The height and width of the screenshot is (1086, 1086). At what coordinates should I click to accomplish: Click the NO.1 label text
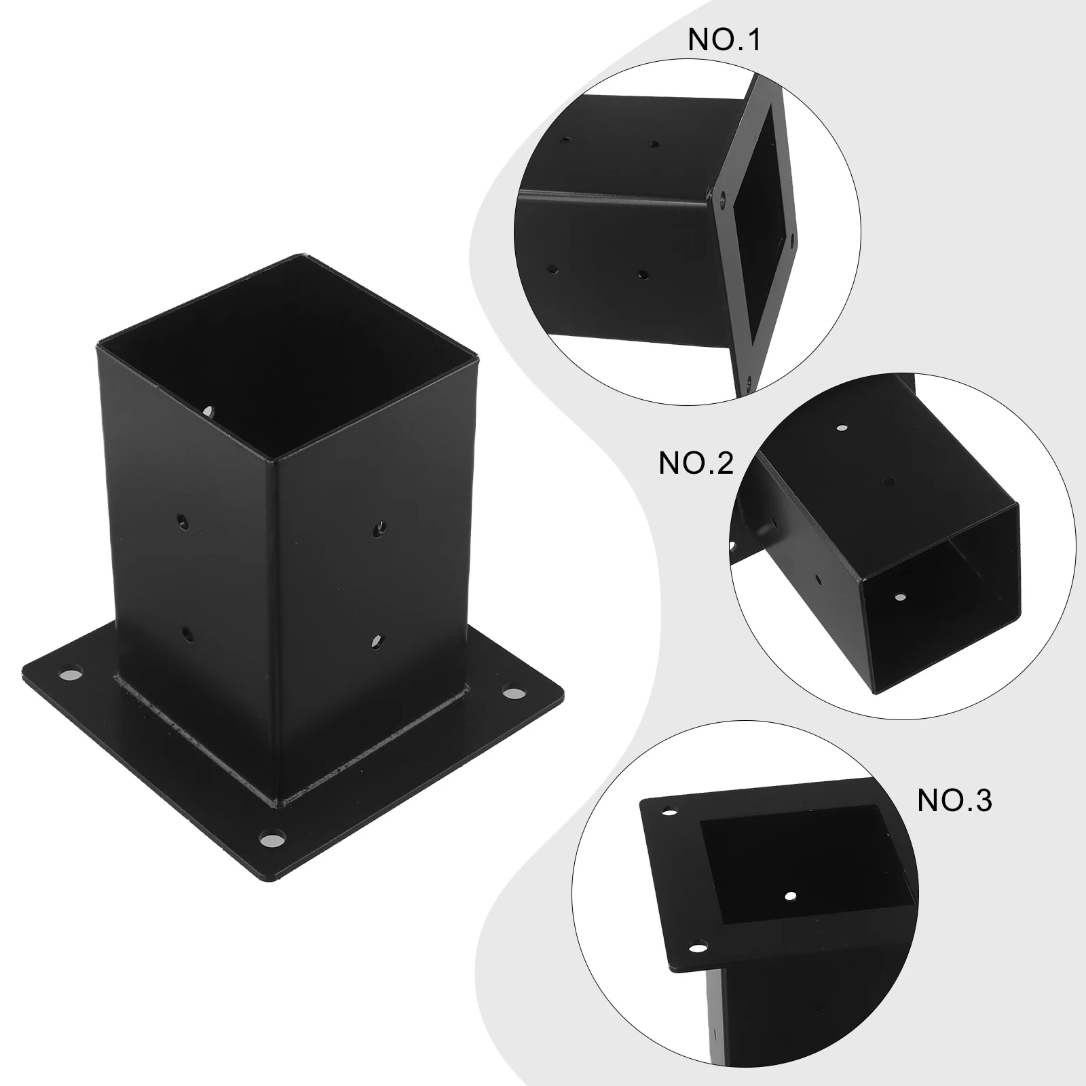(x=725, y=40)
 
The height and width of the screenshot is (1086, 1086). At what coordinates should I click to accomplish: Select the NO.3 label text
(x=954, y=801)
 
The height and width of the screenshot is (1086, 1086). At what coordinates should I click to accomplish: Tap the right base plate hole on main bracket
(x=516, y=694)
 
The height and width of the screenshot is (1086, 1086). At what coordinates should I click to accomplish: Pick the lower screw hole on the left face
(x=187, y=635)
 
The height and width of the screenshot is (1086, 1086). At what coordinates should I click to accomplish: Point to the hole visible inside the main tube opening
(x=210, y=411)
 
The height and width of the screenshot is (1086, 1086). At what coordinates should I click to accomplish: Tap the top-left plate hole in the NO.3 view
(x=670, y=812)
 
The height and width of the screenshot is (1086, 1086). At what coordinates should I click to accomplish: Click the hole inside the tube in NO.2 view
(x=900, y=598)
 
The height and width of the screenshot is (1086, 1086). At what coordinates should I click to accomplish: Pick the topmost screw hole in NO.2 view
(x=842, y=428)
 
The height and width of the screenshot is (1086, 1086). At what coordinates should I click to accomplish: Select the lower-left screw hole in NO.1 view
(x=554, y=269)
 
